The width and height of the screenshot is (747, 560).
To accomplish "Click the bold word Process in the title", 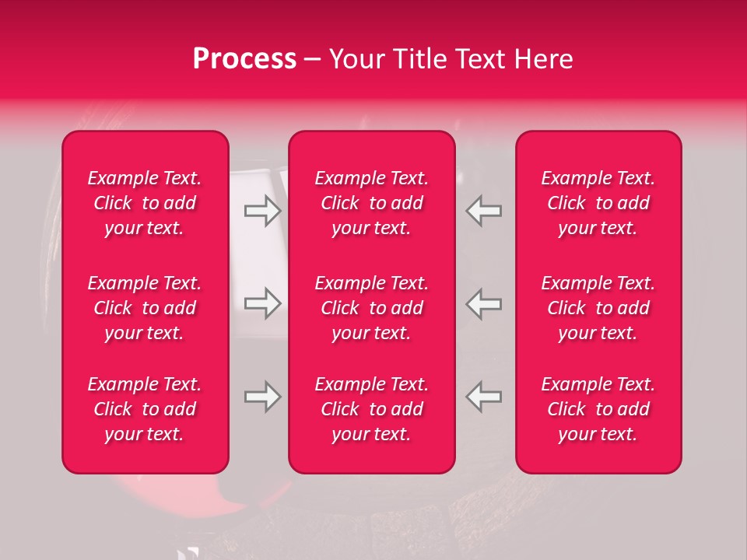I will coord(244,59).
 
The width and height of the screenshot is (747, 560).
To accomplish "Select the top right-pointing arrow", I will coord(262,211).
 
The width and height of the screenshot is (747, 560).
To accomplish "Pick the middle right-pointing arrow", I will coord(262,303).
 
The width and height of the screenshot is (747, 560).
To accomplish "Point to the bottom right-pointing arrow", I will coord(262,397).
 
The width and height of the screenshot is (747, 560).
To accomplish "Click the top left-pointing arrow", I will coord(483,211).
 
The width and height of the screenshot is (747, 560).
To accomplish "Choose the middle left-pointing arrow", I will coord(483,303).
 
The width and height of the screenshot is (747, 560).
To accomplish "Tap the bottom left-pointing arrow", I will coord(483,397).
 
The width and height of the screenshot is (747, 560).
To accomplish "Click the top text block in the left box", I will coord(145,203).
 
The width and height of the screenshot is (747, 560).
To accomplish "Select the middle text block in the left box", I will coord(145,308).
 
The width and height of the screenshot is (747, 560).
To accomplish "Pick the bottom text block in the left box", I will coord(145,409).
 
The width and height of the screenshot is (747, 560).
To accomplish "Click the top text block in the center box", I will coord(371,203).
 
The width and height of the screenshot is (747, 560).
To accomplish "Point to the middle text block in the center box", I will coord(371,308).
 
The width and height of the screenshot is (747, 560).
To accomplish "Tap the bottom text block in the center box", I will coord(371,409).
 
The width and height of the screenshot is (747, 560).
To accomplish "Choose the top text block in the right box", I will coord(598,203).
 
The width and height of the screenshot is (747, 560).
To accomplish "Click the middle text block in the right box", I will coord(598,308).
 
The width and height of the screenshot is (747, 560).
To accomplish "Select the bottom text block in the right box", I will coord(598,409).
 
